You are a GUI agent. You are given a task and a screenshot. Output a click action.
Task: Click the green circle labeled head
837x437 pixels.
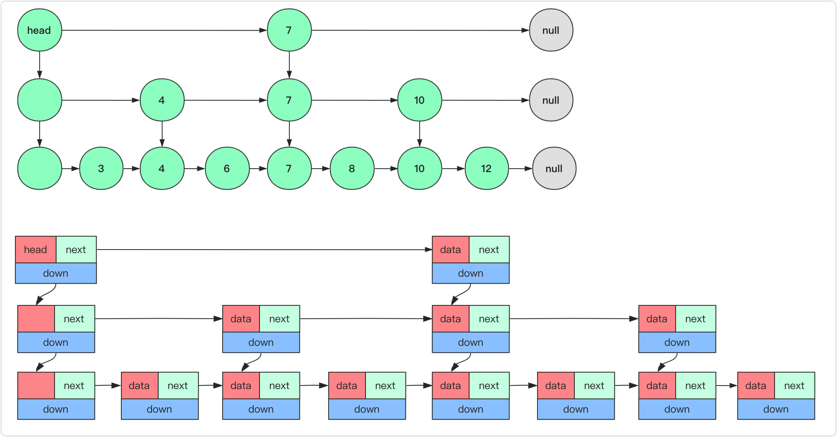[x=39, y=30]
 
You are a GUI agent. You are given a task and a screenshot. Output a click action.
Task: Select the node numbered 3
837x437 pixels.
[x=101, y=169]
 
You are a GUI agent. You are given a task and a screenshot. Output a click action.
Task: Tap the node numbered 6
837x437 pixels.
[x=227, y=169]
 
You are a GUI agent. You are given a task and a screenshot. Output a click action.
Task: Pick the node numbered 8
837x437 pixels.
[x=352, y=169]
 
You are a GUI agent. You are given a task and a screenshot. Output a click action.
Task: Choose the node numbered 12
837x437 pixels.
[x=486, y=169]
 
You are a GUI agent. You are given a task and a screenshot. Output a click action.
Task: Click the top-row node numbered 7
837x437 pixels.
[x=289, y=30]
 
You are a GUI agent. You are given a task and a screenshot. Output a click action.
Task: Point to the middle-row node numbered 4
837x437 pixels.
[x=162, y=100]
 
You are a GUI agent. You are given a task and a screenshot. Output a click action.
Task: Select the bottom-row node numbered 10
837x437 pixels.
[x=419, y=169]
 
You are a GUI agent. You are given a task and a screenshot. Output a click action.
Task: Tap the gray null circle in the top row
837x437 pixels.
[x=551, y=30]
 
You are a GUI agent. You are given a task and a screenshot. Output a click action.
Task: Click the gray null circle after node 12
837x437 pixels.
[x=554, y=169]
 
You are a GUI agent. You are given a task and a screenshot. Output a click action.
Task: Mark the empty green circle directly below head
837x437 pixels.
[x=39, y=100]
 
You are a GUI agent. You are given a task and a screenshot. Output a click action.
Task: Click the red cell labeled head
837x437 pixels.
[x=36, y=250]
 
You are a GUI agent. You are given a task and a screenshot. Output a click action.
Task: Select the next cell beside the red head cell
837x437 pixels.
[x=76, y=250]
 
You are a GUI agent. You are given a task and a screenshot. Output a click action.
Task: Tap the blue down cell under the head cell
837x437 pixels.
[x=56, y=273]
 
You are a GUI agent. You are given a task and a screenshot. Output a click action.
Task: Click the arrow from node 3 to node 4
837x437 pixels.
[x=132, y=169]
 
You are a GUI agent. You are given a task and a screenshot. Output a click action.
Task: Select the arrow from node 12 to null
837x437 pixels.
[x=521, y=169]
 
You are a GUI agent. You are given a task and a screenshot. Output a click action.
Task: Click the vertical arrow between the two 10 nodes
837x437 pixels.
[x=419, y=134]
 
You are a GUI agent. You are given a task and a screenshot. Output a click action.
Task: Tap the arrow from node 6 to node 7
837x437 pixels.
[x=258, y=169]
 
